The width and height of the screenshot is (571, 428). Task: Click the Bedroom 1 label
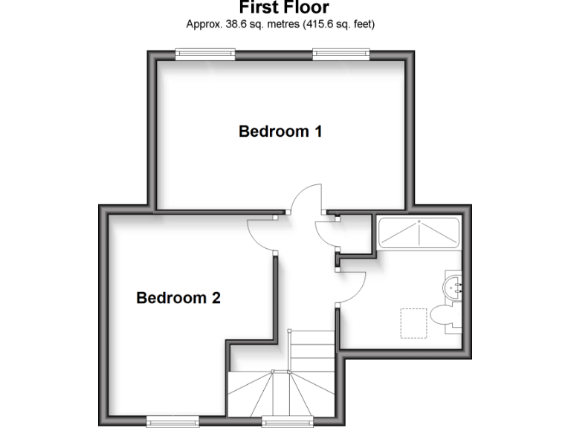point(280,132)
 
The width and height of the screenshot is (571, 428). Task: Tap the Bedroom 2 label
point(178,298)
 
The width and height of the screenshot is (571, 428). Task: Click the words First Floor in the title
point(284,8)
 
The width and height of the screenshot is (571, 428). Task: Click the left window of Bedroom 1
point(205,53)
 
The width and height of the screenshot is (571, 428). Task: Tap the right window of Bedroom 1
point(342,53)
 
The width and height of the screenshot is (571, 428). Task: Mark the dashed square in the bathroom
point(413,322)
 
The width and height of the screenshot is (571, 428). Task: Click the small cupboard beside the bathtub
point(355,234)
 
